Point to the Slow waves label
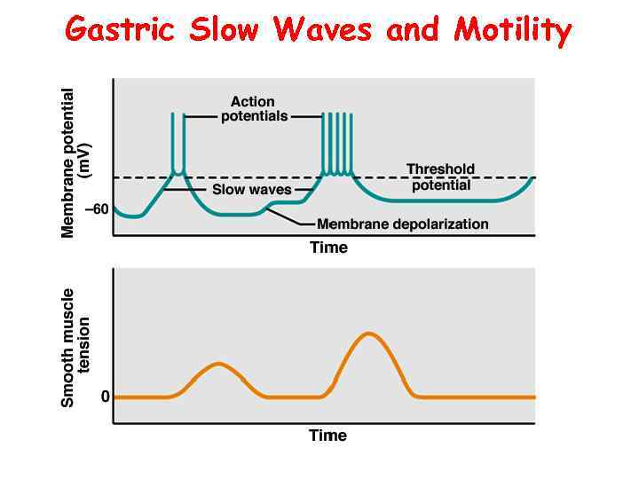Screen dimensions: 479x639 coord(251,190)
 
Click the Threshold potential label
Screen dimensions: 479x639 coord(440,177)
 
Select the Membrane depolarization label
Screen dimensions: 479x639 coord(402,224)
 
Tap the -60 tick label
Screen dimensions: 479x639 coord(96,209)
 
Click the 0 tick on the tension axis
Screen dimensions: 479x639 coord(105,397)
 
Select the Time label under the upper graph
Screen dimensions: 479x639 coord(328,247)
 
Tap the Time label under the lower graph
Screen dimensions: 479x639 coord(327,435)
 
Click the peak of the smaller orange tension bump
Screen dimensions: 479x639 coord(218,364)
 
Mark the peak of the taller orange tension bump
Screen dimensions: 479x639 coord(370,334)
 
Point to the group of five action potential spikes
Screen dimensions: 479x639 coord(337,142)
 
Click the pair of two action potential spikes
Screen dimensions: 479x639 coord(178,142)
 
